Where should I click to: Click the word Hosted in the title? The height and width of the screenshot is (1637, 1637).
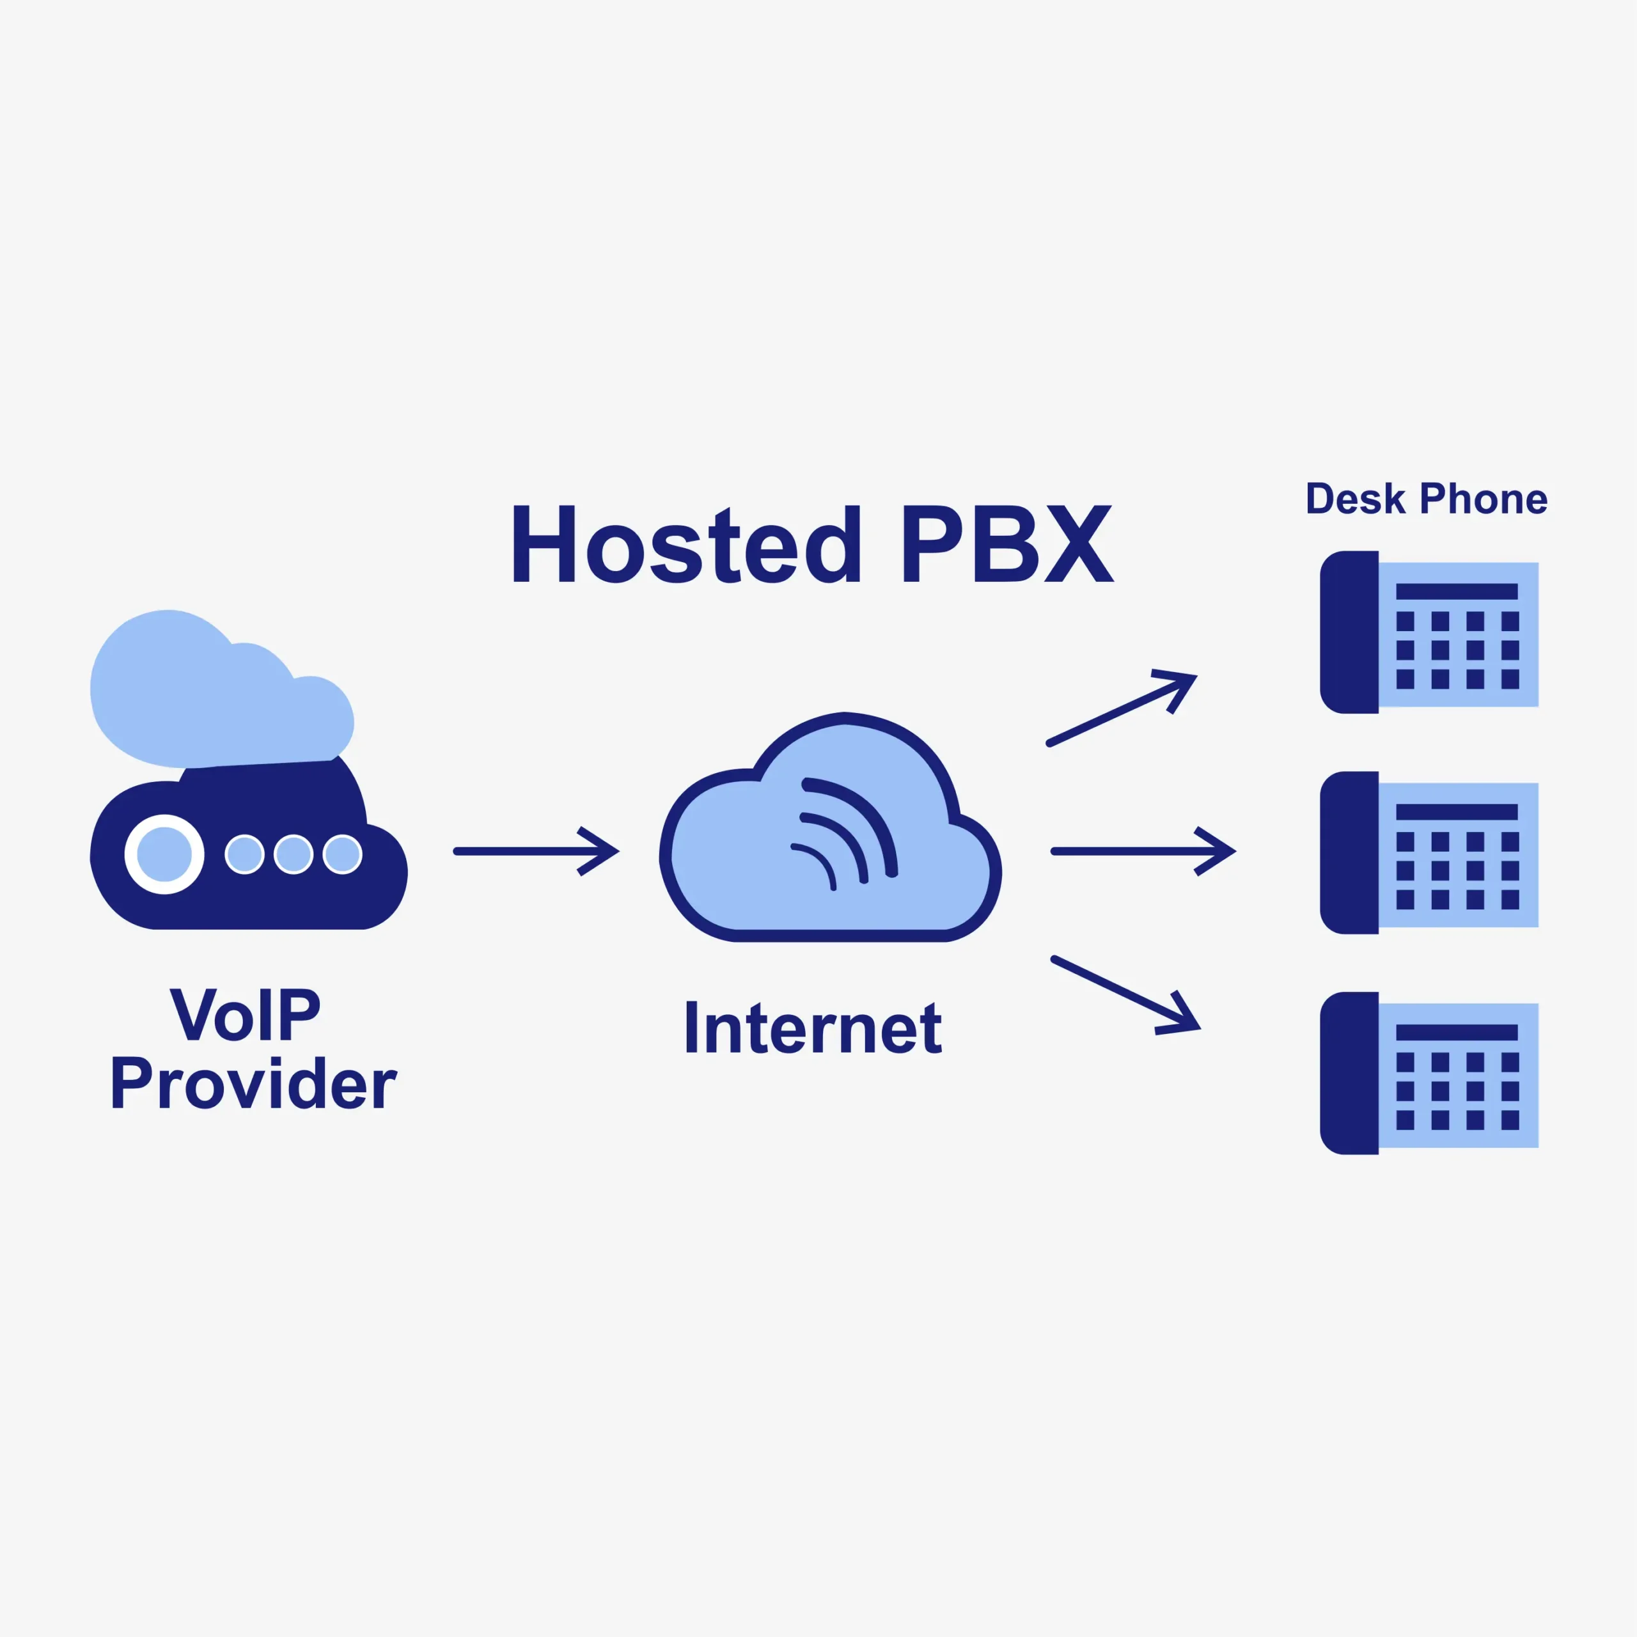coord(685,545)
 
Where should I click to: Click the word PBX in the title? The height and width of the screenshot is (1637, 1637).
coord(1006,545)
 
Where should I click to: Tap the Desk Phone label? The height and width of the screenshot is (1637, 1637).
coord(1426,499)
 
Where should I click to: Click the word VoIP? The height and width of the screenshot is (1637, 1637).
coord(246,1014)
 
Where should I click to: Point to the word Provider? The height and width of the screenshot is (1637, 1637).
coord(253,1084)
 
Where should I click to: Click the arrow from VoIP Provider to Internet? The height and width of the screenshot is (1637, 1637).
coord(537,850)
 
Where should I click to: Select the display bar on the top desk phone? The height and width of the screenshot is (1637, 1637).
coord(1457,591)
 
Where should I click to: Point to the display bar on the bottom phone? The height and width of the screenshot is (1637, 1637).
coord(1457,1032)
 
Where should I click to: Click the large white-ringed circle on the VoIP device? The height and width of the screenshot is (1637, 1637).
coord(164,854)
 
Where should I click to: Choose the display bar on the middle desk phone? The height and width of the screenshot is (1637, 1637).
coord(1457,811)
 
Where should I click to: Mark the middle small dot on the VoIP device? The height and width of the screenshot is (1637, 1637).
coord(293,854)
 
